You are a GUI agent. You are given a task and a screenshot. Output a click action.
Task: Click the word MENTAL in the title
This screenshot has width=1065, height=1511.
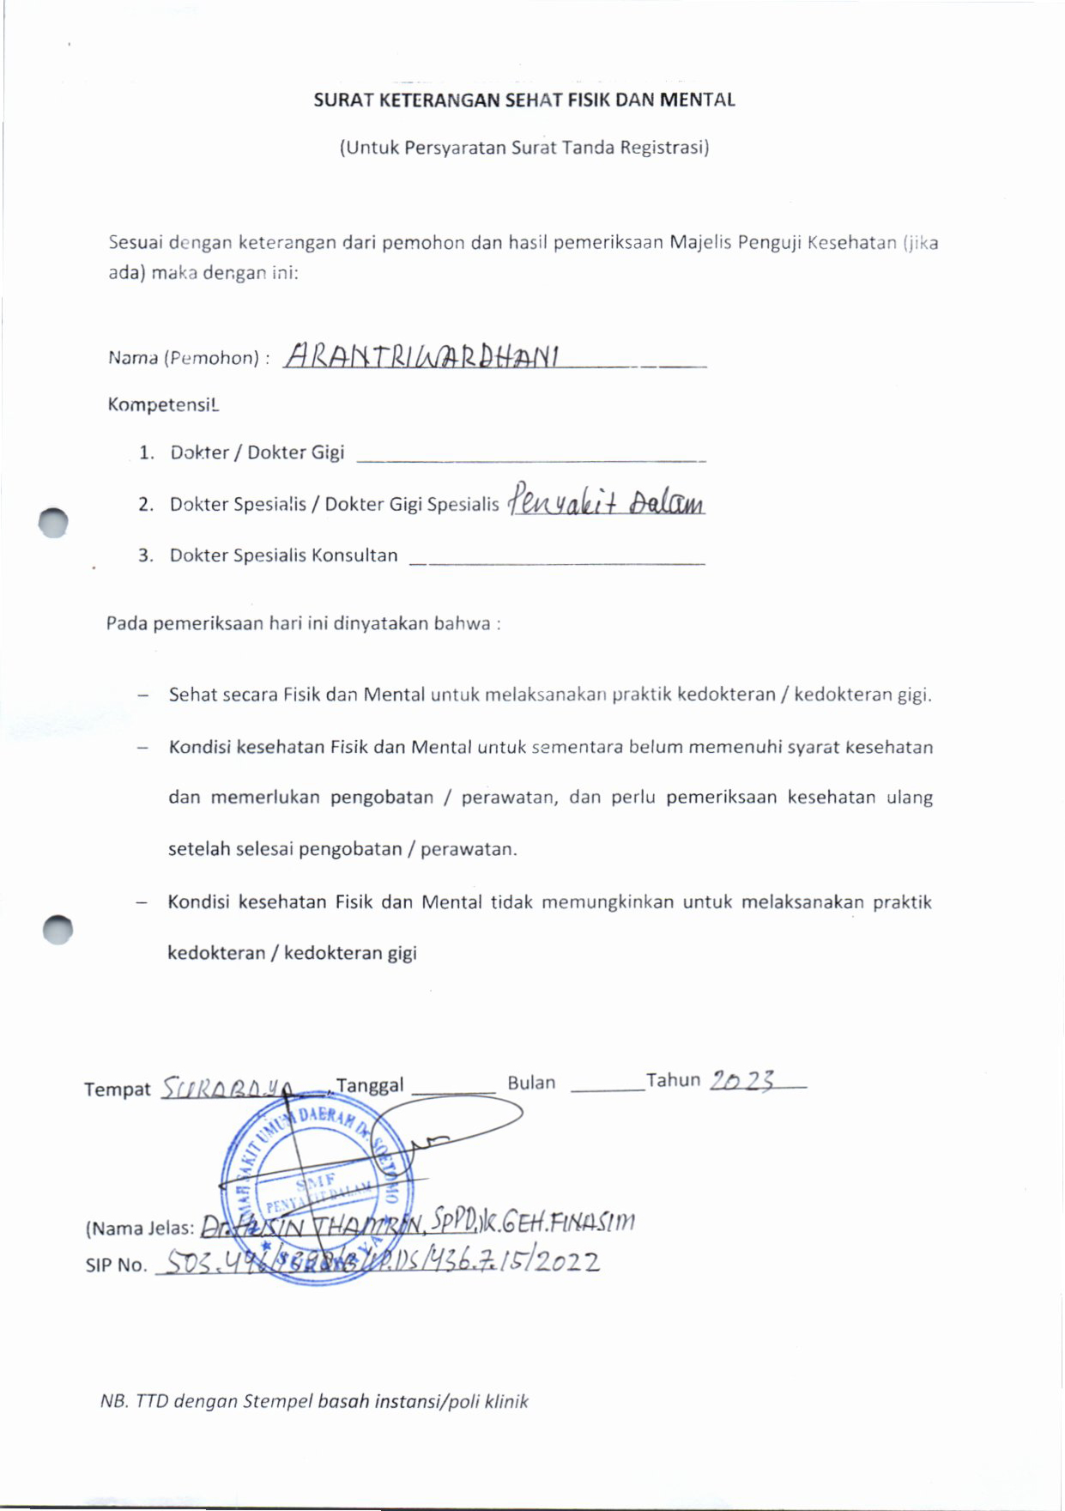(697, 100)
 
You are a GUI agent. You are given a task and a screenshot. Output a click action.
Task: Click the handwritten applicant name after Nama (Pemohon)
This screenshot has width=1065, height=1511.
(421, 355)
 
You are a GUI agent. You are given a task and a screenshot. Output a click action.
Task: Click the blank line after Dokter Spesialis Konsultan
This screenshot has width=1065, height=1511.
(557, 561)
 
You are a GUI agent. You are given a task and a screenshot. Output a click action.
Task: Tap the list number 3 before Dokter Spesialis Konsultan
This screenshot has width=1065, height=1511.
(146, 555)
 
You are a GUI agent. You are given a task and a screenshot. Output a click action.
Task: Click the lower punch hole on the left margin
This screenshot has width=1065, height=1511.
(57, 930)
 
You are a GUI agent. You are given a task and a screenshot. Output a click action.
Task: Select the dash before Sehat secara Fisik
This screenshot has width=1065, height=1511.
(142, 695)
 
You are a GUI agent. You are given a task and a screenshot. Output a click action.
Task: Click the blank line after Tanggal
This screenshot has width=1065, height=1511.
(453, 1089)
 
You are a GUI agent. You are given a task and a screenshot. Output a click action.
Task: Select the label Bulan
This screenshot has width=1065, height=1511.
(531, 1083)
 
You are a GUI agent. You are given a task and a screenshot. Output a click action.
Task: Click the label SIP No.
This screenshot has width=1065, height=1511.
(116, 1265)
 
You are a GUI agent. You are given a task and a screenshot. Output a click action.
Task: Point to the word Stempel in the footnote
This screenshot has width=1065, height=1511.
(277, 1402)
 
